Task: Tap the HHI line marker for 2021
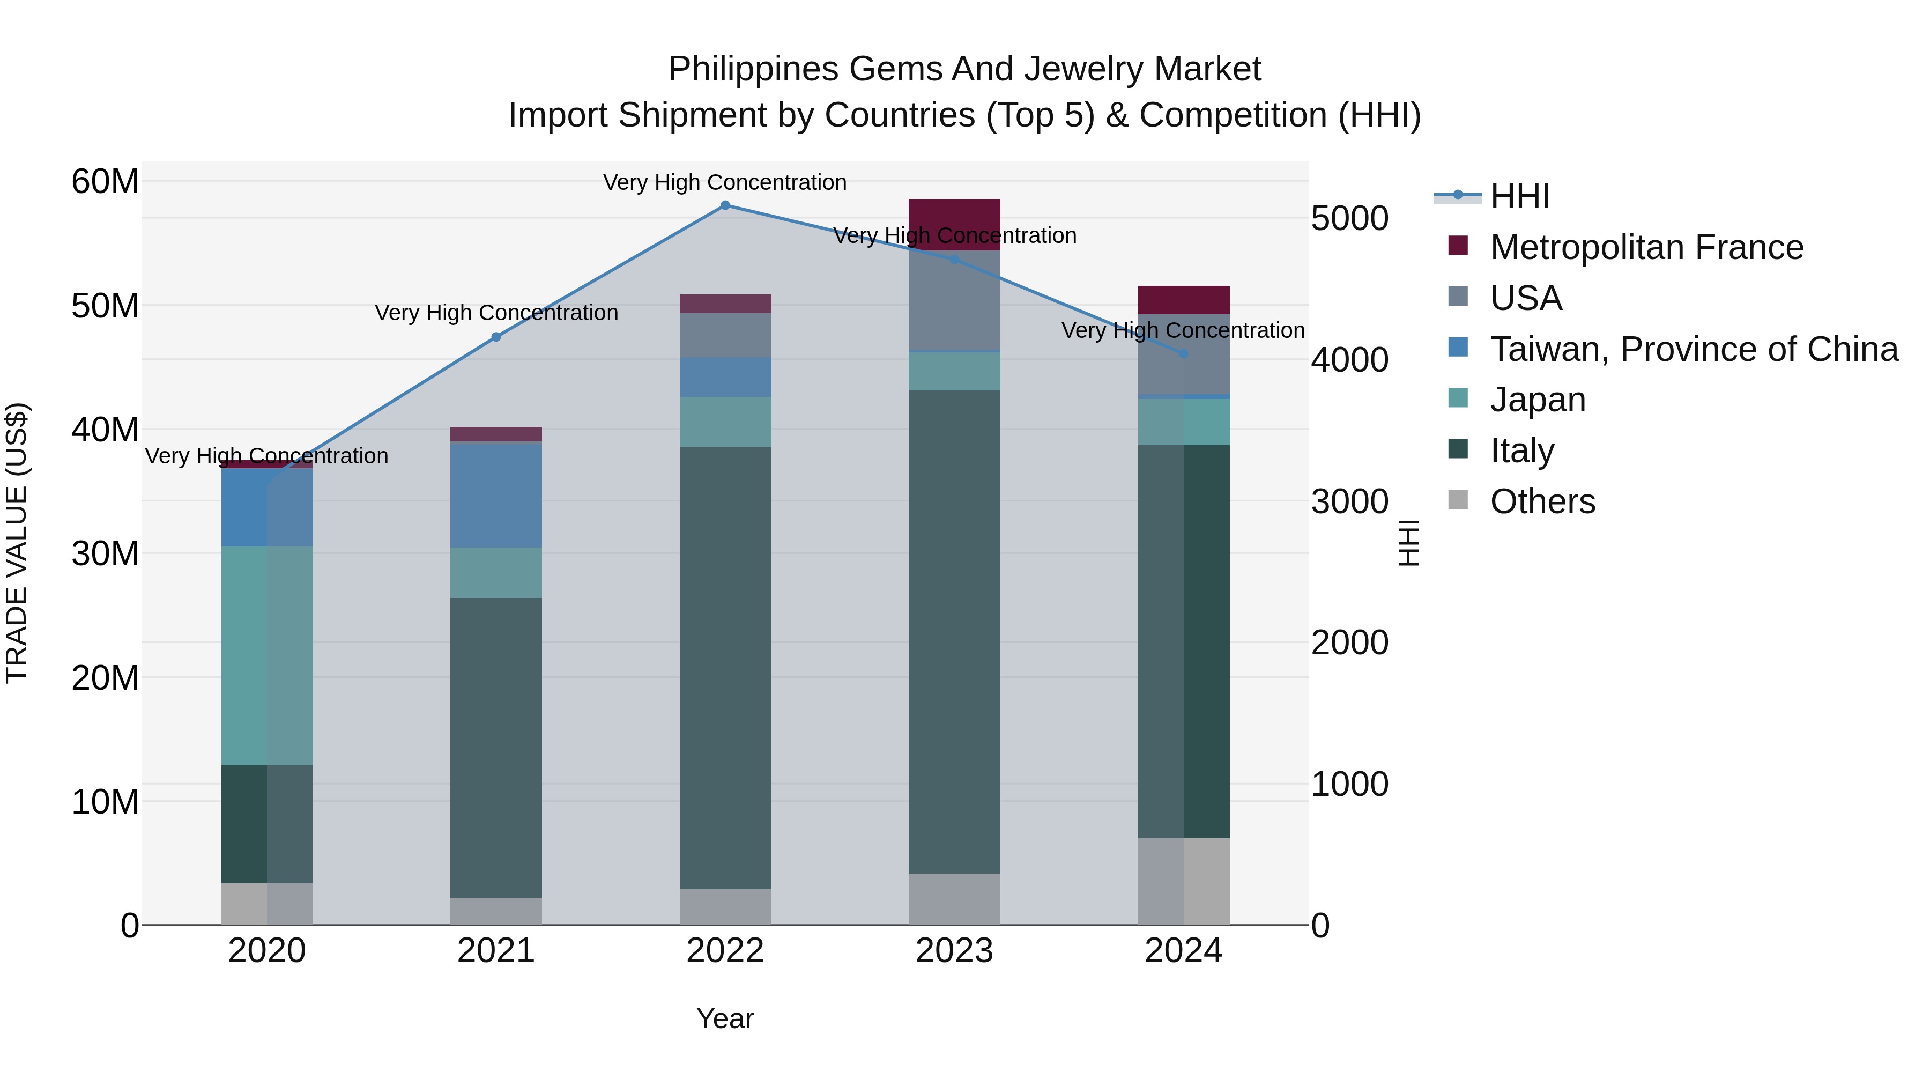495,337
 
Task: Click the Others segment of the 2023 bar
954,899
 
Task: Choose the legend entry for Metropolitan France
1645,247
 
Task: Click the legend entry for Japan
1538,400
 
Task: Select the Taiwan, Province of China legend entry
1693,349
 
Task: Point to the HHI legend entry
1519,196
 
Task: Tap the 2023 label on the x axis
954,951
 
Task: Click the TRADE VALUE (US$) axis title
17,543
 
